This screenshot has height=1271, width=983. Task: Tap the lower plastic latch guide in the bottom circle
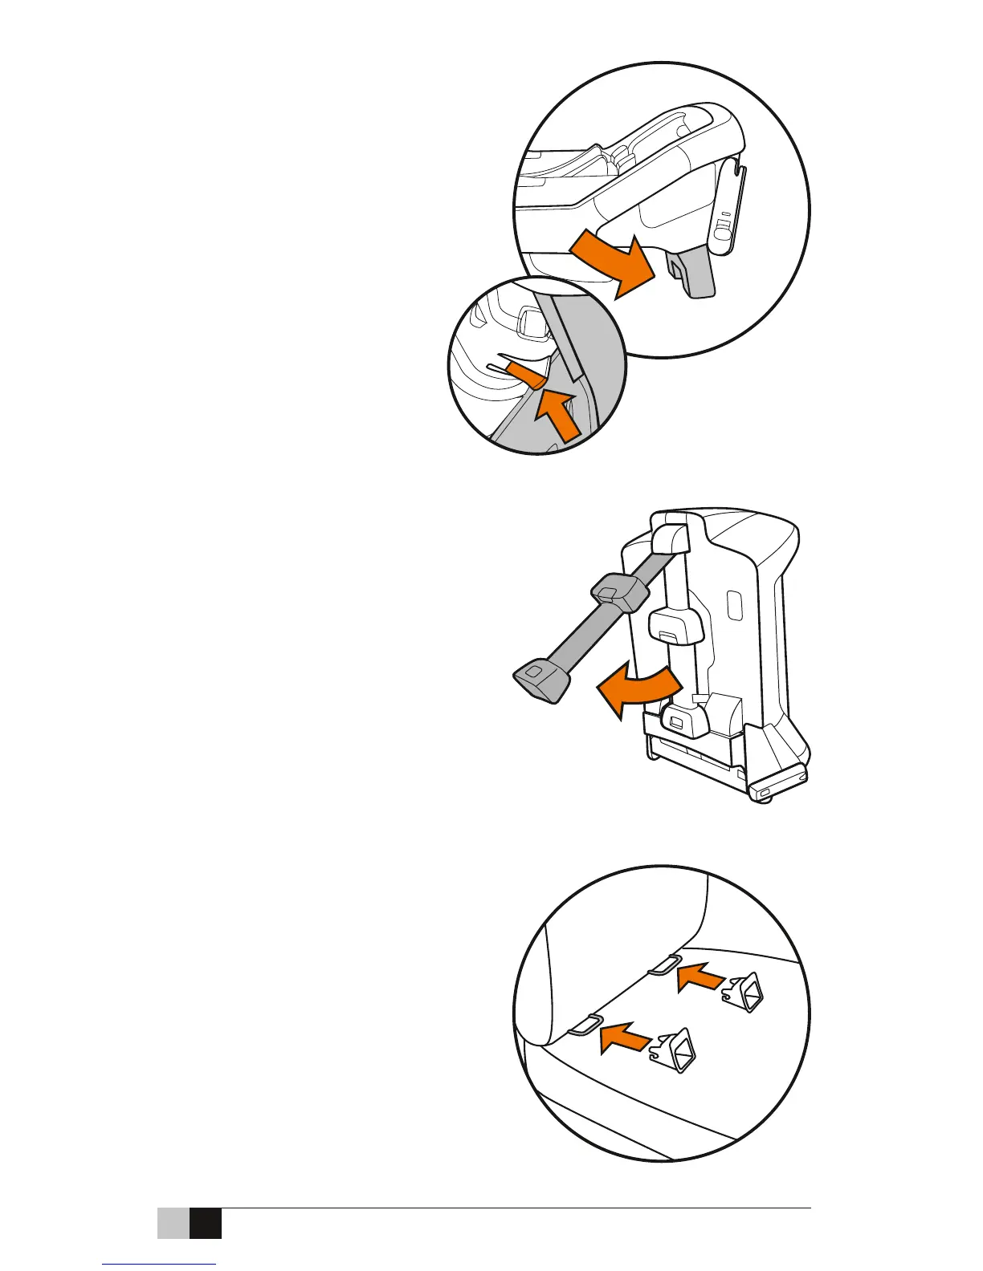click(x=675, y=1051)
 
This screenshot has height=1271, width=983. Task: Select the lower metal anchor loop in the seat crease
click(x=585, y=1024)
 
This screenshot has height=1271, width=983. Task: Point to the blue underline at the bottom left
click(x=160, y=1265)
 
